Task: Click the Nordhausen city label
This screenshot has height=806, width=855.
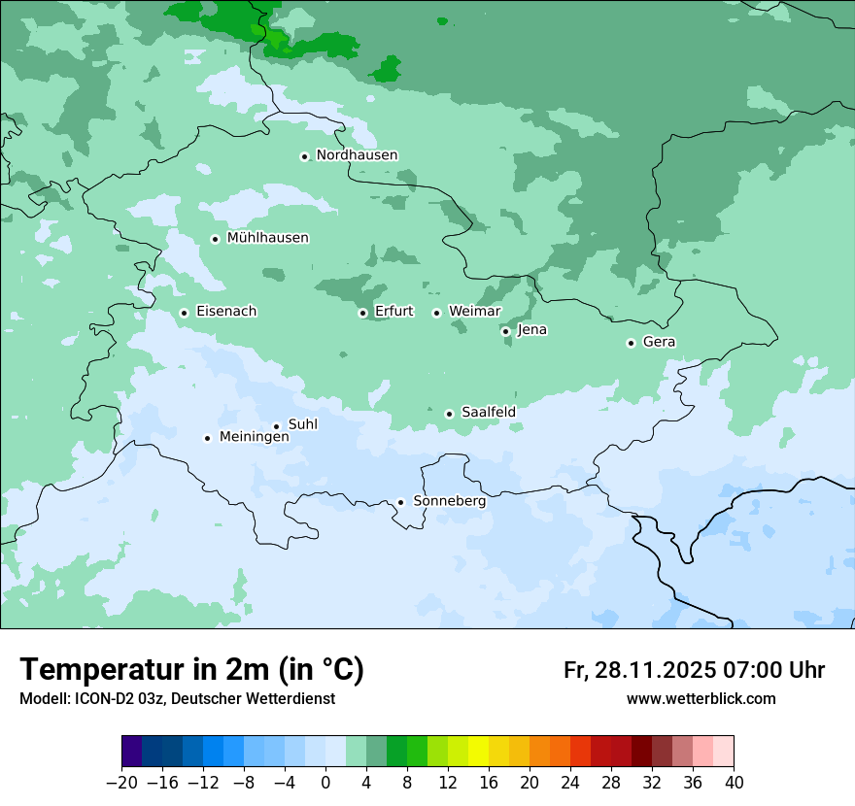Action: click(x=357, y=155)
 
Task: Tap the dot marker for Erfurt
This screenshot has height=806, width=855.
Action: click(x=362, y=313)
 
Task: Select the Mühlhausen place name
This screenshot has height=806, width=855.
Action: click(x=267, y=238)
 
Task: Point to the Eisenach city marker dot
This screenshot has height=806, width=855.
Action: click(x=184, y=313)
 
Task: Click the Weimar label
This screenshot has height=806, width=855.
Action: click(x=474, y=312)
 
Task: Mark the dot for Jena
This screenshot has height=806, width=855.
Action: click(x=505, y=331)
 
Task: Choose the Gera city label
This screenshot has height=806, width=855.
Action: click(x=659, y=342)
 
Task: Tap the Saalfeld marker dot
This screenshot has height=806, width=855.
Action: click(x=449, y=414)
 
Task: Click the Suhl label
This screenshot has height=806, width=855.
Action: click(x=303, y=424)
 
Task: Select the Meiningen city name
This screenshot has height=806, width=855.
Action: click(x=254, y=437)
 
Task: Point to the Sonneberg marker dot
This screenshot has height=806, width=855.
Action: click(x=400, y=502)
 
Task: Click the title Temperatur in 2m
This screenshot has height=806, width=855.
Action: click(x=191, y=669)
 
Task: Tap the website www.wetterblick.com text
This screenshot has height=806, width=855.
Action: click(x=701, y=698)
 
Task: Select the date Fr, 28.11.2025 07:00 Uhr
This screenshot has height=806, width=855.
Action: click(x=694, y=670)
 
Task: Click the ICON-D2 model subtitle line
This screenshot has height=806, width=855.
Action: click(x=177, y=698)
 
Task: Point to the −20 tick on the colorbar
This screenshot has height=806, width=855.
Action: click(x=121, y=782)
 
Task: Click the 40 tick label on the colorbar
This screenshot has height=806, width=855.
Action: click(x=734, y=782)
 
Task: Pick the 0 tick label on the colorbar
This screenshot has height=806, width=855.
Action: click(x=325, y=782)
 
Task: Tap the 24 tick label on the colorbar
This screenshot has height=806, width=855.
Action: click(x=570, y=782)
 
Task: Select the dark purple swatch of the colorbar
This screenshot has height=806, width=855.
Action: click(x=132, y=752)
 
